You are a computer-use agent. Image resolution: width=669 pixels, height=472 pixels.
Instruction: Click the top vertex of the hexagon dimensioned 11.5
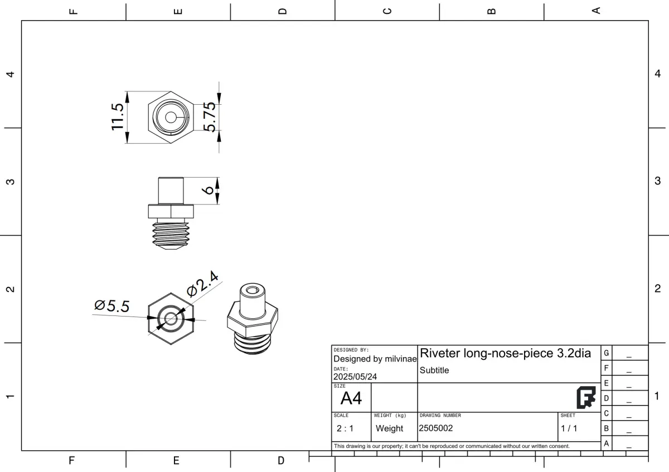click(171, 91)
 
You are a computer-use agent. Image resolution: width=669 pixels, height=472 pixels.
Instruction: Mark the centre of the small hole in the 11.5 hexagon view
click(171, 118)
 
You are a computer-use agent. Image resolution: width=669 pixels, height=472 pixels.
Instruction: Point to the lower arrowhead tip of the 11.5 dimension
click(127, 143)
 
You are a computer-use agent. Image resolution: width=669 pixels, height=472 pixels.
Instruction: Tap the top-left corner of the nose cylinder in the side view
click(158, 178)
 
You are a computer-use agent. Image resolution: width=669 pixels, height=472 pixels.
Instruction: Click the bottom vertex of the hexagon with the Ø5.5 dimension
click(171, 344)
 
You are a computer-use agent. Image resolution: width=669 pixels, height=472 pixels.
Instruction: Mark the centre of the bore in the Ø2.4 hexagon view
click(171, 318)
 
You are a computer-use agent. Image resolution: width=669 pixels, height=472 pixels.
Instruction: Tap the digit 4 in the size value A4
click(357, 398)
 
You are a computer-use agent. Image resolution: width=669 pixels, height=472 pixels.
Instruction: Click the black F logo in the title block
click(586, 398)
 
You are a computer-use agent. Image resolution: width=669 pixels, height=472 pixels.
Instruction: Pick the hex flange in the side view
click(171, 211)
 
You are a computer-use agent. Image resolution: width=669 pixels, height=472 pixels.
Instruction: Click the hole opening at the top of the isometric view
click(253, 290)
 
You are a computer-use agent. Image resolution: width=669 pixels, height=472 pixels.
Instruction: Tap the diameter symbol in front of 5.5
click(100, 305)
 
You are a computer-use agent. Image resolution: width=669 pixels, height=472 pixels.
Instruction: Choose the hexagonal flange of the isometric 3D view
click(253, 319)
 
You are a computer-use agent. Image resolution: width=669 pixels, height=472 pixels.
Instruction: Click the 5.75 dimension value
click(210, 117)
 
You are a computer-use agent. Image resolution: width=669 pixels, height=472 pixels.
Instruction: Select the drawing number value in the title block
click(436, 428)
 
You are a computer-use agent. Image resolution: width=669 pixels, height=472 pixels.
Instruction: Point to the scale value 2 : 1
click(345, 429)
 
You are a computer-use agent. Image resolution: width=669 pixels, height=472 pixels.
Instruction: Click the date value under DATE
click(355, 377)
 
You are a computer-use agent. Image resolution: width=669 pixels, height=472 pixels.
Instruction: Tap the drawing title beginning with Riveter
click(505, 353)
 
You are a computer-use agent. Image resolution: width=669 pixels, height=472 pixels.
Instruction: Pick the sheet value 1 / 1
click(569, 429)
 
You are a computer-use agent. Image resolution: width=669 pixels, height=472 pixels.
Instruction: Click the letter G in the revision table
click(607, 353)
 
